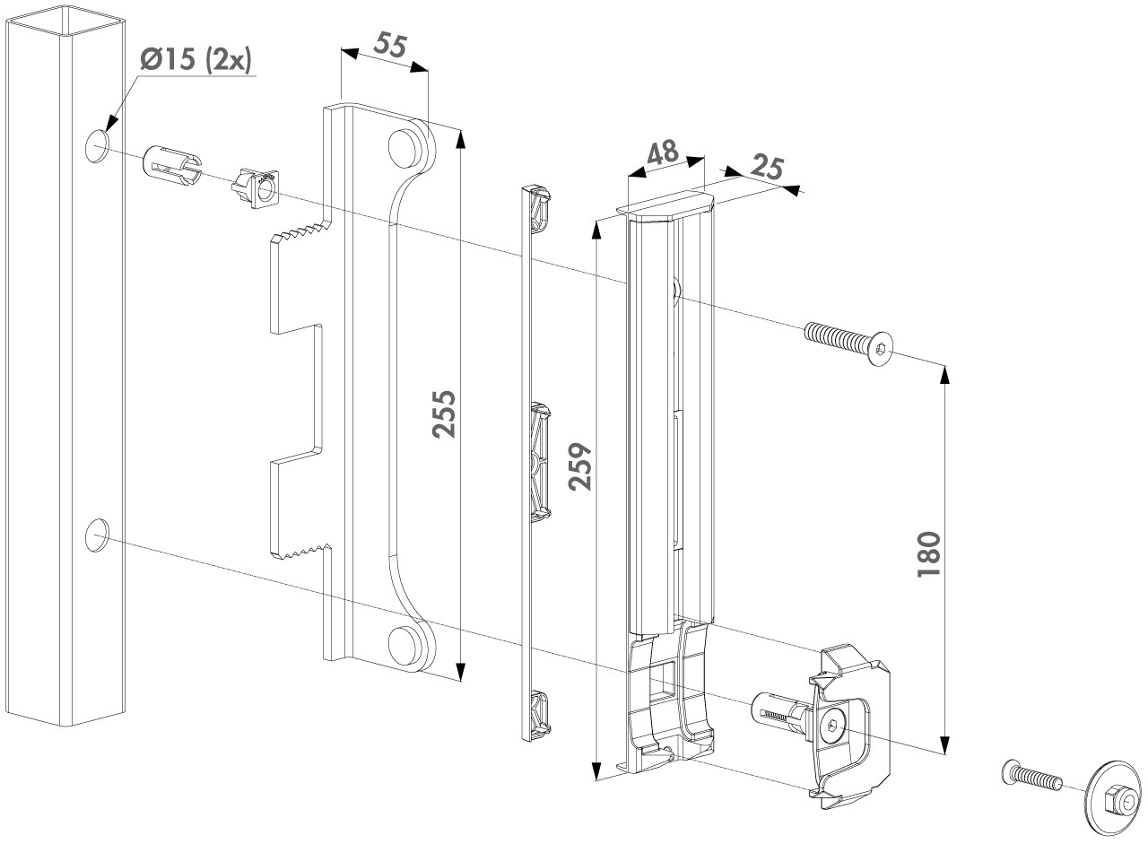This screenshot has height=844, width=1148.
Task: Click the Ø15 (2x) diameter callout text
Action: pos(196,60)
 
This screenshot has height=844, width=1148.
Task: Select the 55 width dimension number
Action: pos(387,48)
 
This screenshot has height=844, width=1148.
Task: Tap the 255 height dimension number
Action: pos(443,413)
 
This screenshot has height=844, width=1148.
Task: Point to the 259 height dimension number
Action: pos(581,466)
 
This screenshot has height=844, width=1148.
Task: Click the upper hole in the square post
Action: pos(96,145)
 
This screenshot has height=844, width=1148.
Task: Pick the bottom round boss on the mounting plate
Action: pos(405,644)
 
